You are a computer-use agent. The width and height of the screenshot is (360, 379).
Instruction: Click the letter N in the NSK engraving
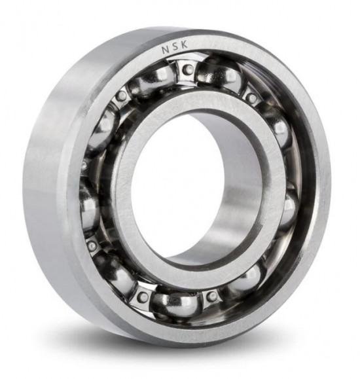coord(166,50)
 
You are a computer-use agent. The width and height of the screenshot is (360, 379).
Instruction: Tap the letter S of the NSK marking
coord(176,46)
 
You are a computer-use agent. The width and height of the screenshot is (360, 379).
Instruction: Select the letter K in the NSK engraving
coord(184,45)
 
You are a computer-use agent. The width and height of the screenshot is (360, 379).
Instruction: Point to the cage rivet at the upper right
coord(253,98)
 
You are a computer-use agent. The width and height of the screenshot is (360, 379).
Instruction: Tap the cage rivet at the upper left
coord(121,96)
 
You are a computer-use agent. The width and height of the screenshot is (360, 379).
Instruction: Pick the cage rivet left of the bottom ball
coord(143,295)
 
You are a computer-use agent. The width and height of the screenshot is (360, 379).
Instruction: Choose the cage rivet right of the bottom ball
coord(212,295)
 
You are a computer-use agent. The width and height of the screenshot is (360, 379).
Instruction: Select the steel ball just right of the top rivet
coord(219,73)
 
